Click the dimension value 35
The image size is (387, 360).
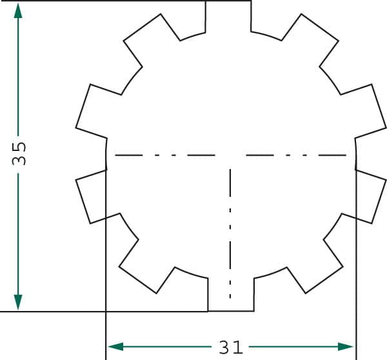19,154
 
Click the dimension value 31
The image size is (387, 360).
230,348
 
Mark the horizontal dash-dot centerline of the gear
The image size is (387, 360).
193,155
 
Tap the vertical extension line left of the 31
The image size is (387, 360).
105,329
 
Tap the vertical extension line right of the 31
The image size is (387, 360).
356,329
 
